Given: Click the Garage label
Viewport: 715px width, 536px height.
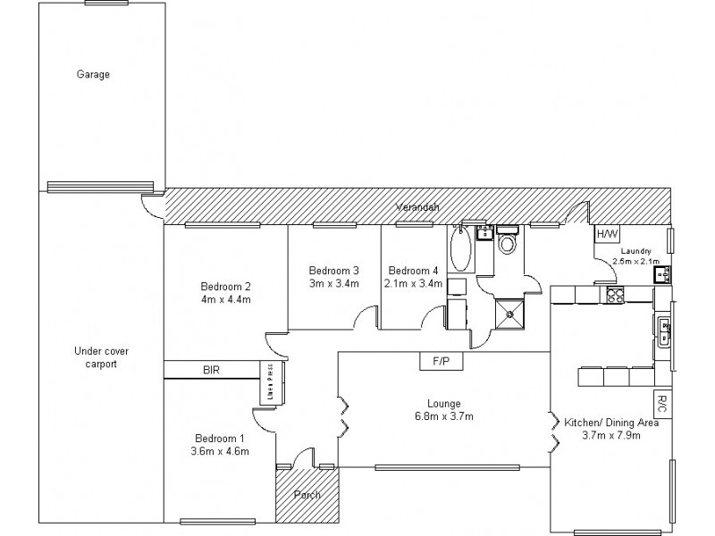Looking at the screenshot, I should tap(93, 75).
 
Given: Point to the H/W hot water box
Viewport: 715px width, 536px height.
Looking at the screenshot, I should tap(607, 235).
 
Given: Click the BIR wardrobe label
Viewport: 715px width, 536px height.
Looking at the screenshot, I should tap(211, 369).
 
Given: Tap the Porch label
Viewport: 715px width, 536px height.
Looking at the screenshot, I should tap(297, 495).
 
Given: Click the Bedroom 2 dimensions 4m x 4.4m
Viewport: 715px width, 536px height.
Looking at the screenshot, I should tap(225, 299).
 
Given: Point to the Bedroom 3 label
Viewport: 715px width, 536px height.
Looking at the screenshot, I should tap(333, 271).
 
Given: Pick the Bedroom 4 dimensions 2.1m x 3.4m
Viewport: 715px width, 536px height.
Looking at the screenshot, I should tap(413, 284).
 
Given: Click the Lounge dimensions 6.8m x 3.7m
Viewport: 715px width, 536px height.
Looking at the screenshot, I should tap(443, 416).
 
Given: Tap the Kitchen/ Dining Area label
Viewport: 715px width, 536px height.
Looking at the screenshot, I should tap(611, 423).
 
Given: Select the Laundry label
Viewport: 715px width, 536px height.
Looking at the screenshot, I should tap(638, 252).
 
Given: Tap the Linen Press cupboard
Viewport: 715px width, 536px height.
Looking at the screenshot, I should tap(266, 381).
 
